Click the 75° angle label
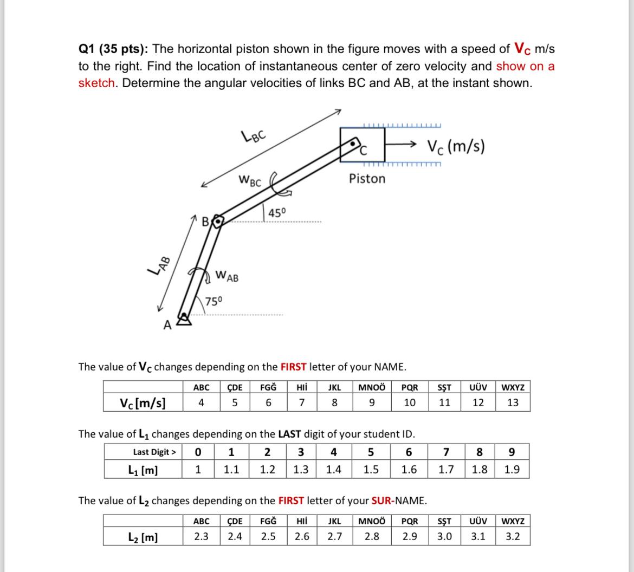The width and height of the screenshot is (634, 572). tap(213, 301)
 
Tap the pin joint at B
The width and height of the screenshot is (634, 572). tap(217, 222)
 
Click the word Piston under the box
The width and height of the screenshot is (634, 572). tap(367, 178)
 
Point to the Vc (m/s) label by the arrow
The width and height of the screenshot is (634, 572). tap(456, 146)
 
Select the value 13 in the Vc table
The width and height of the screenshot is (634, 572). tap(513, 402)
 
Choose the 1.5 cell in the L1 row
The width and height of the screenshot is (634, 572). tap(371, 470)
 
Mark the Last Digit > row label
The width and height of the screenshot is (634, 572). tap(154, 452)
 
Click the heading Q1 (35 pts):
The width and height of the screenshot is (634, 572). tap(113, 49)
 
